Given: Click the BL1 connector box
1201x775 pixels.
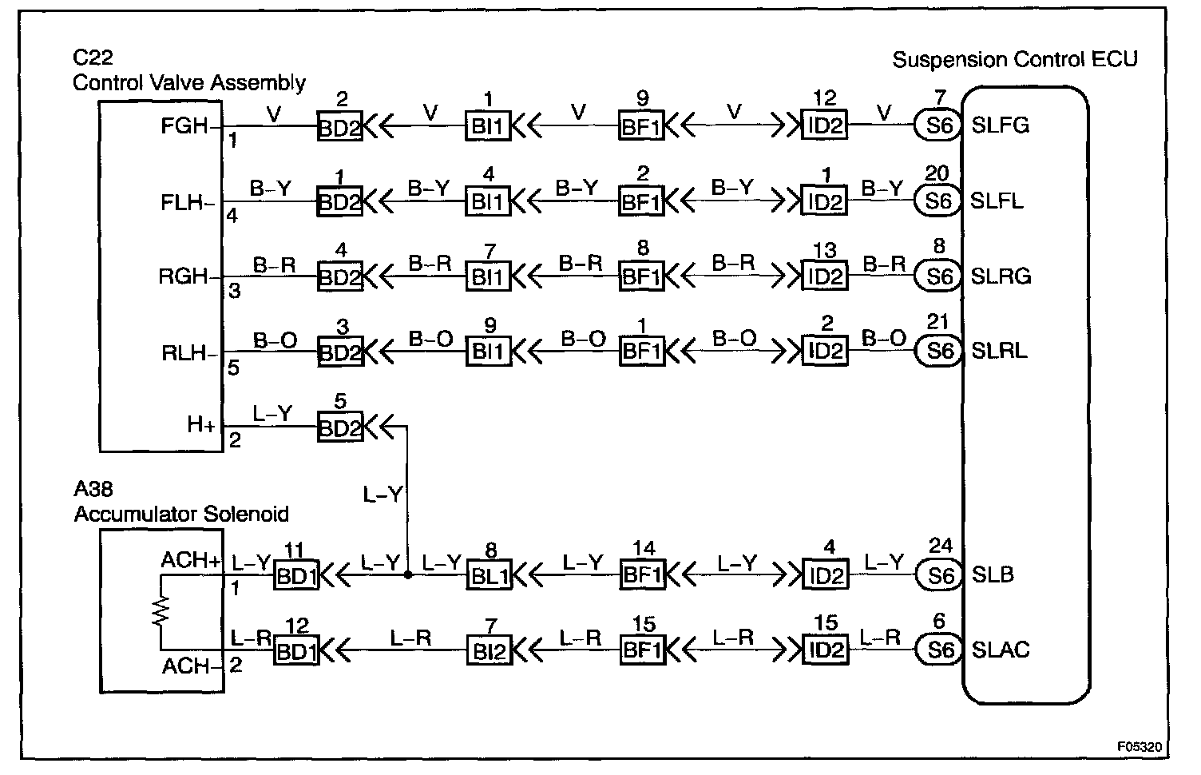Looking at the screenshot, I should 489,576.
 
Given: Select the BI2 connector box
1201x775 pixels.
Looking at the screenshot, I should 489,651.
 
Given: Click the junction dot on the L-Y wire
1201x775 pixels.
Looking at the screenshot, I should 407,574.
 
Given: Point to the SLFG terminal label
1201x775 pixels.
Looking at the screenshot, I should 1001,126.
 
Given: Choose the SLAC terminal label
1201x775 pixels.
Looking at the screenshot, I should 1001,650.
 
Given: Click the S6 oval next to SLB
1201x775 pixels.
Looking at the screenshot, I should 938,575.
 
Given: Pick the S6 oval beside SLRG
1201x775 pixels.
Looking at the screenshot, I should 938,276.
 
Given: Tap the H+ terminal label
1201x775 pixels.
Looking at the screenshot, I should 201,424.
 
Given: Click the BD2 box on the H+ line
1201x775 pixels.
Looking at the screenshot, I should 339,427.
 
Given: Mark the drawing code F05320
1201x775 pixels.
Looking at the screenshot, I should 1139,747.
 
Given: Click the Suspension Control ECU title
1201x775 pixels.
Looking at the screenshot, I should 1014,60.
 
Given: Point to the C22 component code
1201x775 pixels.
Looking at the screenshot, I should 93,58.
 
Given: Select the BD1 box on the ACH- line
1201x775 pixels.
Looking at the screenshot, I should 295,651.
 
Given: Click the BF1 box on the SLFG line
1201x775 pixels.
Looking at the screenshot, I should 641,127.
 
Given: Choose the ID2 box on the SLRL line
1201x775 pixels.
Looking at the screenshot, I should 825,352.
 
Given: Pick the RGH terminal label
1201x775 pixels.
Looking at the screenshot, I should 184,277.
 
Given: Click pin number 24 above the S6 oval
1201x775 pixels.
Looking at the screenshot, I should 940,546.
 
